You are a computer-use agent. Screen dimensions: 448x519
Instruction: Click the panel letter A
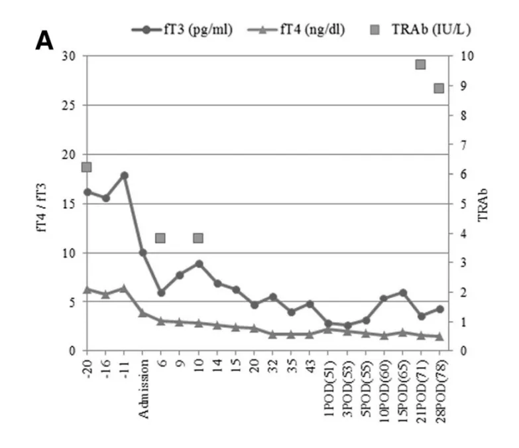point(44,41)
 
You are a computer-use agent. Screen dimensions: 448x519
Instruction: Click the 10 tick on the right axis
point(457,56)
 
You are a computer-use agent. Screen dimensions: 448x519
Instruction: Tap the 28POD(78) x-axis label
point(439,392)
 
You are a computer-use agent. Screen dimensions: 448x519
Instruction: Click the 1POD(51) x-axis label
point(328,391)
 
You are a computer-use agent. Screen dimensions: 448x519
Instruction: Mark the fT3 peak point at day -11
point(124,175)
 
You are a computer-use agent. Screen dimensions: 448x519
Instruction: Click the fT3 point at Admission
point(143,253)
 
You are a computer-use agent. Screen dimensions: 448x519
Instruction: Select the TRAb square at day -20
point(86,167)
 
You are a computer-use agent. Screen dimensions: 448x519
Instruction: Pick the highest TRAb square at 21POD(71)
point(420,64)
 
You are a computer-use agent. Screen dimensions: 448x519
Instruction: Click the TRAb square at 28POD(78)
point(439,88)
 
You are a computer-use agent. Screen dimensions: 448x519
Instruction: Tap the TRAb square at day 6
point(160,238)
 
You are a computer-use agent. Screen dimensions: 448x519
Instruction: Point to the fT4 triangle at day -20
point(87,289)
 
